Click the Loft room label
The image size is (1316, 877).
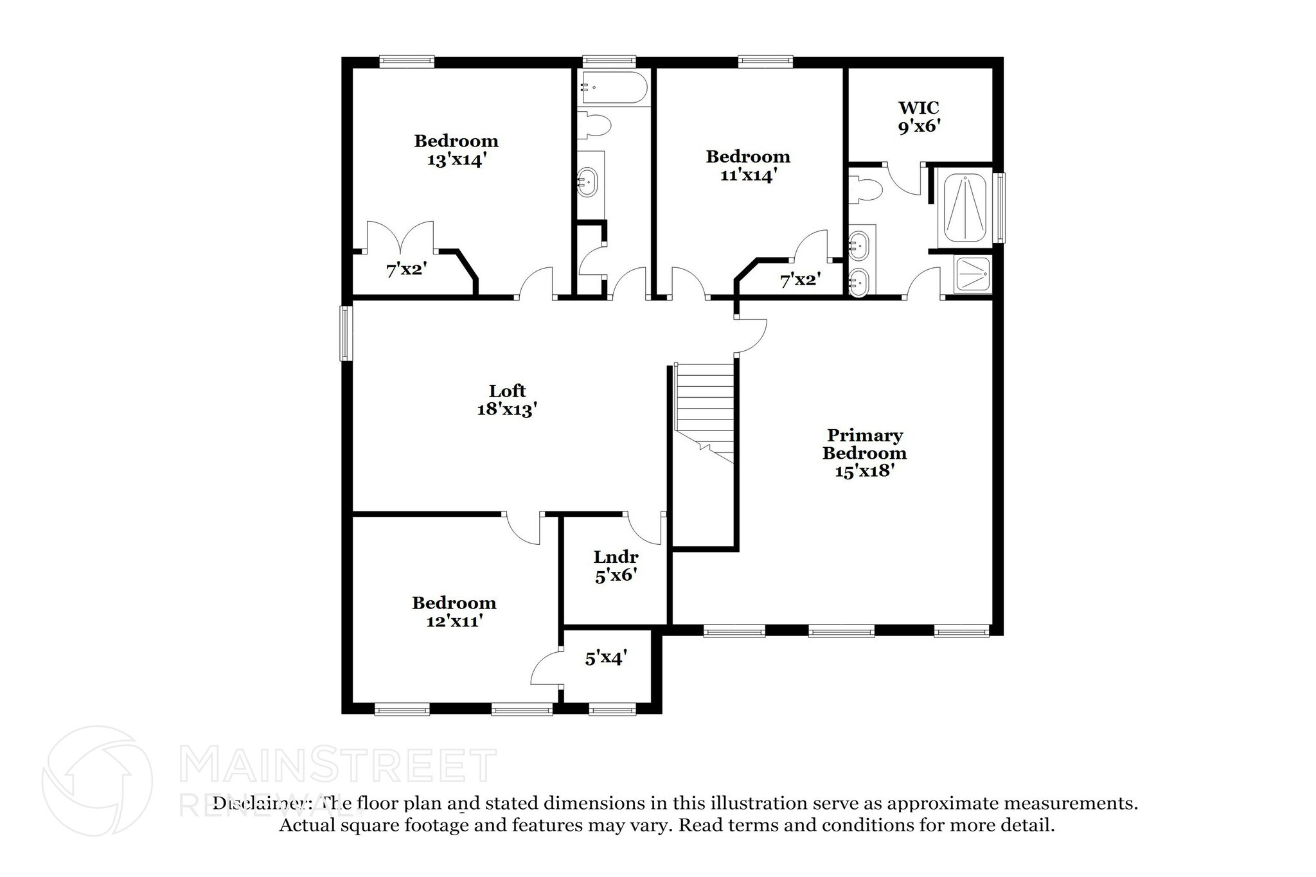[x=507, y=391]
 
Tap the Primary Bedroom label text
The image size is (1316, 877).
[x=864, y=444]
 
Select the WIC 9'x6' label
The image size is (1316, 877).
[x=919, y=117]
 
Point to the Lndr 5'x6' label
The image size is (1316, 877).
[x=616, y=566]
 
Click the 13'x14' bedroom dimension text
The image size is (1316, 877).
[x=456, y=159]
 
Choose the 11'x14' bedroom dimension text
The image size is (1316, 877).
[x=748, y=175]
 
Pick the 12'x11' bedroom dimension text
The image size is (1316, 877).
[x=454, y=621]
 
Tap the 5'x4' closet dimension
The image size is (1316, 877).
[x=606, y=658]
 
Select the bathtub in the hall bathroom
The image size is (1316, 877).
[x=613, y=88]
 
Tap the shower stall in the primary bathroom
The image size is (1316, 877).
[x=973, y=275]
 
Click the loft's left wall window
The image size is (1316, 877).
[x=346, y=333]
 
